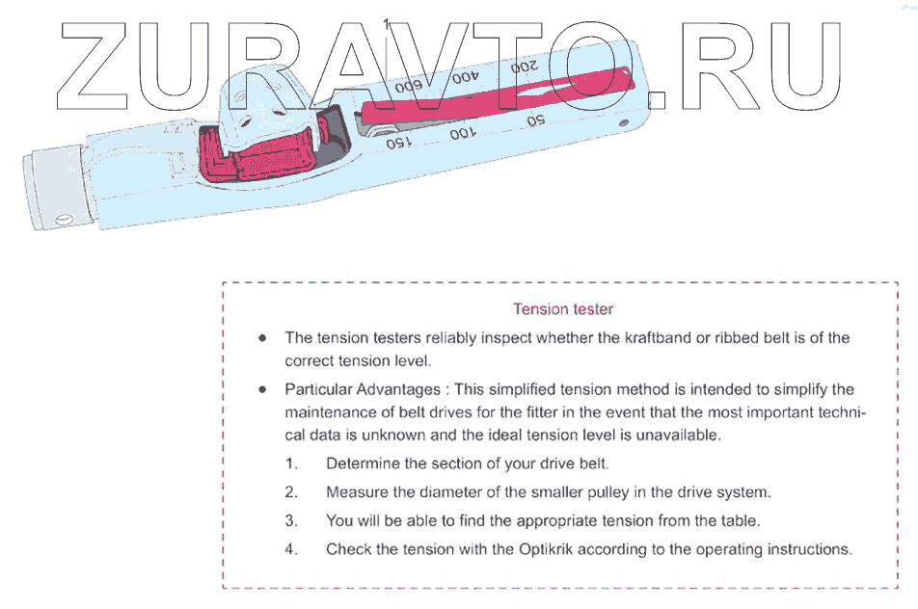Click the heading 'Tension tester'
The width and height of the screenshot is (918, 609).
click(x=563, y=309)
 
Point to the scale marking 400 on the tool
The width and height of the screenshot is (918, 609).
click(x=465, y=77)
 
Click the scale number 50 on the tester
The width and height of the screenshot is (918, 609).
click(x=535, y=120)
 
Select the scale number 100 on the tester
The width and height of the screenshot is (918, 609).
click(x=463, y=132)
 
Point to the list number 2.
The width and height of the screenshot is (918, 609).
click(x=290, y=492)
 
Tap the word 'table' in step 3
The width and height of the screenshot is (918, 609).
click(x=739, y=521)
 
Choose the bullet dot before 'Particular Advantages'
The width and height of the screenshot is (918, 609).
click(x=262, y=390)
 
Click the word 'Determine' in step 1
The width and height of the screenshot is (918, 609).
click(x=361, y=463)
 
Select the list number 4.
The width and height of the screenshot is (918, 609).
click(x=290, y=550)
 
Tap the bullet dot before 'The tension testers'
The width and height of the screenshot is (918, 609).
click(x=262, y=338)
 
